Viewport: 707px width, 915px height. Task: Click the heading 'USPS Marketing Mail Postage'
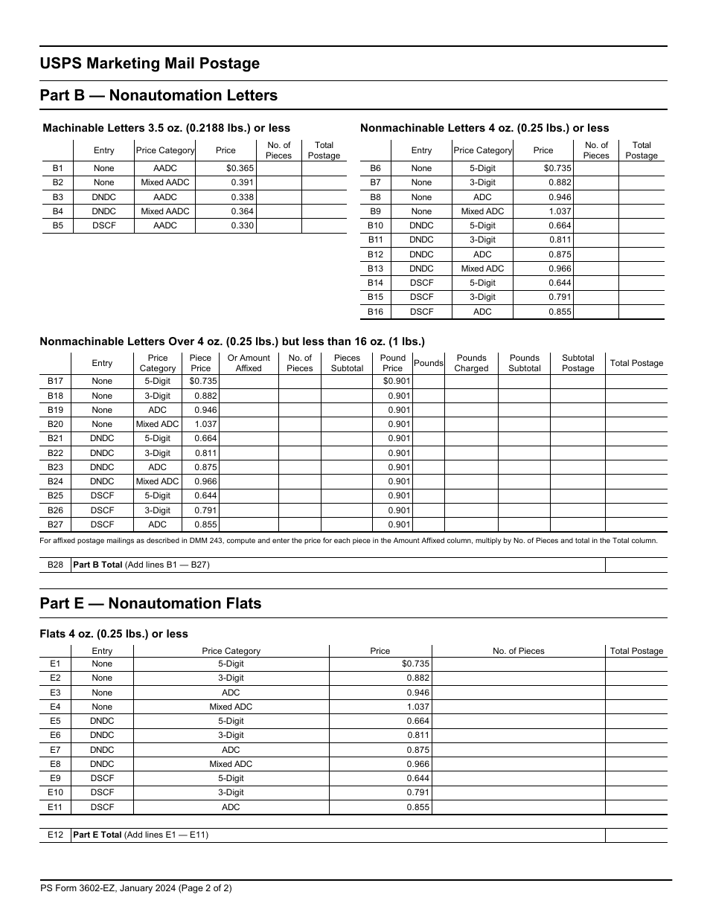(x=150, y=64)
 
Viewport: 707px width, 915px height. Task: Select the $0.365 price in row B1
(x=240, y=168)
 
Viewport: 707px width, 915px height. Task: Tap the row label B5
(x=58, y=225)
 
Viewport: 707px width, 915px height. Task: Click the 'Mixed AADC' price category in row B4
(x=165, y=211)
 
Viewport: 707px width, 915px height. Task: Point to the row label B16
(x=376, y=312)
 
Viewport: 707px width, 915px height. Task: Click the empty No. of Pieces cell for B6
(x=596, y=168)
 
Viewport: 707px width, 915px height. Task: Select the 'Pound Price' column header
(x=392, y=363)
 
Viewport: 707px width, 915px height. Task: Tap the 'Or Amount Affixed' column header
(x=249, y=363)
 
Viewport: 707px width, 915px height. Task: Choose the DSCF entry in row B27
(x=102, y=524)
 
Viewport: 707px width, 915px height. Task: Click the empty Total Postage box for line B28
(x=636, y=565)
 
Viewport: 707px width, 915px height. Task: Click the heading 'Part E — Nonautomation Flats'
(x=150, y=603)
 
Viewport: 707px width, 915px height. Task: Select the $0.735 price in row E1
(x=415, y=664)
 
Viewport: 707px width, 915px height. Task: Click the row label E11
(x=55, y=807)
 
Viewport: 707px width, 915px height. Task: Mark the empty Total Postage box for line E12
(x=636, y=835)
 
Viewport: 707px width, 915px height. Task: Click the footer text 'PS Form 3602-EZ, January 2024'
(x=136, y=887)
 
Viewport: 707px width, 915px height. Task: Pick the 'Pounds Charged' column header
(x=471, y=363)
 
